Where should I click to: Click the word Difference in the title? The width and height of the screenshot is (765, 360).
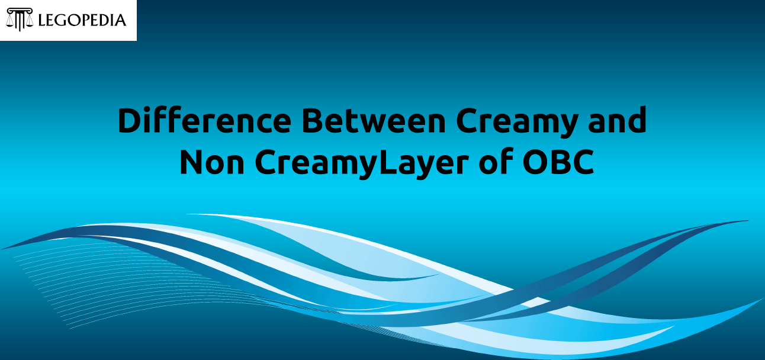click(x=204, y=120)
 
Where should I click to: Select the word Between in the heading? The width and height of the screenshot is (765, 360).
click(x=374, y=120)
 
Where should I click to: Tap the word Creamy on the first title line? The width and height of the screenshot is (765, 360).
click(x=517, y=123)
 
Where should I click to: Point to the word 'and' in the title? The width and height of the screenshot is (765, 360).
click(x=618, y=120)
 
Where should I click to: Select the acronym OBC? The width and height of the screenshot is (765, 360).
click(x=558, y=162)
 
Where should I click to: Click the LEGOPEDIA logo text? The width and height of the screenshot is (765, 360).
click(x=82, y=20)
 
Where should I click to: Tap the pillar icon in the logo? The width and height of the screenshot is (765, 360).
click(x=20, y=20)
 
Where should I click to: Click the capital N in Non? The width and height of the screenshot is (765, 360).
click(x=191, y=162)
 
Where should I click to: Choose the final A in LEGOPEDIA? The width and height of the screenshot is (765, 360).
click(x=120, y=21)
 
